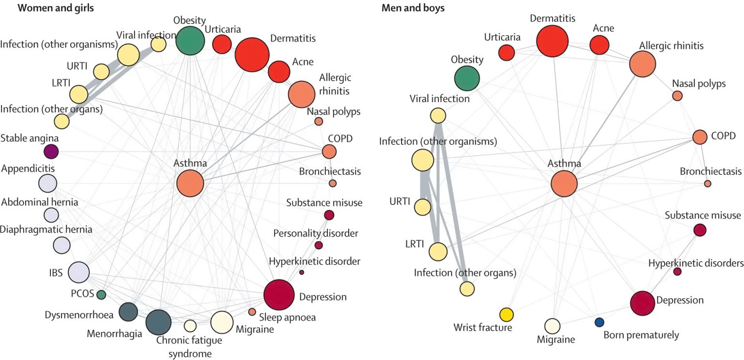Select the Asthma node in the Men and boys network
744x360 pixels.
(x=564, y=184)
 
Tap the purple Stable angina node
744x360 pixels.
(x=51, y=152)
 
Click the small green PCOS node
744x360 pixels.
(x=101, y=294)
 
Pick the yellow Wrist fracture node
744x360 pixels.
(x=507, y=314)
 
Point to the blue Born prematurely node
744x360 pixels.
(x=599, y=322)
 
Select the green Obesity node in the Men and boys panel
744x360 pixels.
(x=467, y=78)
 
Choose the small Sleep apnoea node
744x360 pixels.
(x=252, y=312)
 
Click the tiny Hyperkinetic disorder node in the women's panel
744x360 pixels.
(x=302, y=272)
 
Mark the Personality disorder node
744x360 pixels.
(x=318, y=245)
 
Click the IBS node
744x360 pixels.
(x=79, y=272)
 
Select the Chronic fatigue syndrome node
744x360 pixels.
(x=190, y=325)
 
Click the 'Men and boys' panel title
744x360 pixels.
(x=413, y=8)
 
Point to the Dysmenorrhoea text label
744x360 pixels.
(x=79, y=315)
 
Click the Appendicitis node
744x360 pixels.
(x=48, y=184)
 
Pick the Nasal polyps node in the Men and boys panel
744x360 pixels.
(x=677, y=95)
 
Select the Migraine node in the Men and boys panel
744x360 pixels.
(x=552, y=326)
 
